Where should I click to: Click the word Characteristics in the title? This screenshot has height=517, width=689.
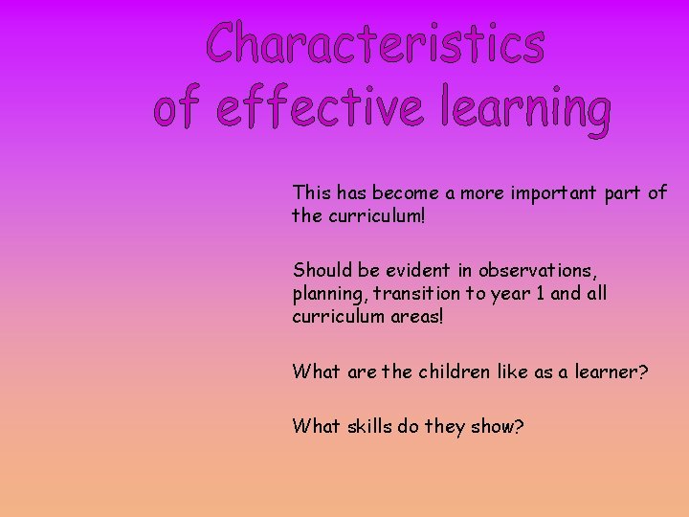(x=376, y=44)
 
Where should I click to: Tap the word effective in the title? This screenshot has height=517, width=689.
(x=319, y=108)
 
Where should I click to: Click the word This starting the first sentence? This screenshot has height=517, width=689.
(x=311, y=192)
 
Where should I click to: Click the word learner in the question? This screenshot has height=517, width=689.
(x=611, y=371)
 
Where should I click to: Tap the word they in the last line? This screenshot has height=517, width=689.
(x=444, y=427)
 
